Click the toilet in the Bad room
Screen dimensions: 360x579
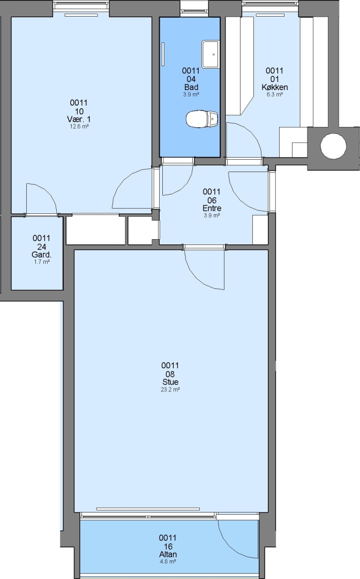[x=202, y=119]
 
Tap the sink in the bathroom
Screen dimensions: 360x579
[x=210, y=54]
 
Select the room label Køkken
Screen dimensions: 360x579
[x=274, y=87]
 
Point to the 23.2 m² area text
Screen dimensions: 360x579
[x=170, y=389]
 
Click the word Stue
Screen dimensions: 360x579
[x=170, y=382]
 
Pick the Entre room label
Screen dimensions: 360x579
[x=212, y=208]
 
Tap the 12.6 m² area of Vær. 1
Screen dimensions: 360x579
[x=79, y=127]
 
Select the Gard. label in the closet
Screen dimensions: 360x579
[x=41, y=255]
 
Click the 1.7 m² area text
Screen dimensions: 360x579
[x=41, y=262]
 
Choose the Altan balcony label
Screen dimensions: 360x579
[x=168, y=554]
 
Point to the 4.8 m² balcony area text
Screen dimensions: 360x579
[x=168, y=561]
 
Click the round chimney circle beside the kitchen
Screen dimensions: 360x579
[x=333, y=146]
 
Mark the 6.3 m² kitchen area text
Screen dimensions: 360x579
[x=274, y=94]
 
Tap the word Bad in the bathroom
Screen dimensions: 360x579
[x=191, y=87]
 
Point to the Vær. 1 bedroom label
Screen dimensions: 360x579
[x=79, y=119]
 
